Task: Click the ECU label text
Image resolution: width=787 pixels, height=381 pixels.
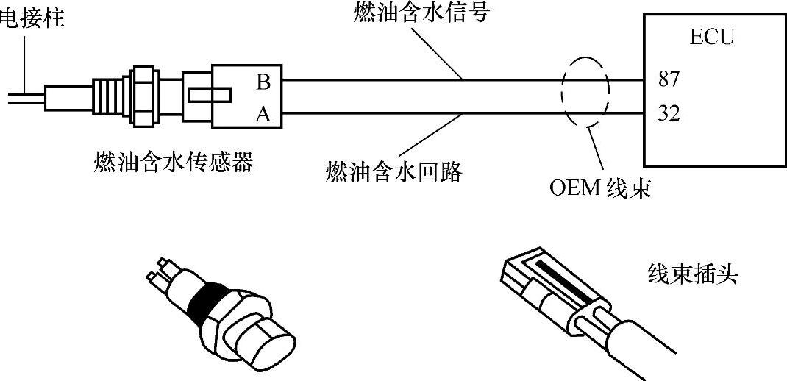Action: (711, 37)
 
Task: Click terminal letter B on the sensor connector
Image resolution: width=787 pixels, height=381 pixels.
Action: (263, 81)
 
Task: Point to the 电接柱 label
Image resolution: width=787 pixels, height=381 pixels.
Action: (32, 17)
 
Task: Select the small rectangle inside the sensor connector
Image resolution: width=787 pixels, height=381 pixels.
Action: (210, 96)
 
